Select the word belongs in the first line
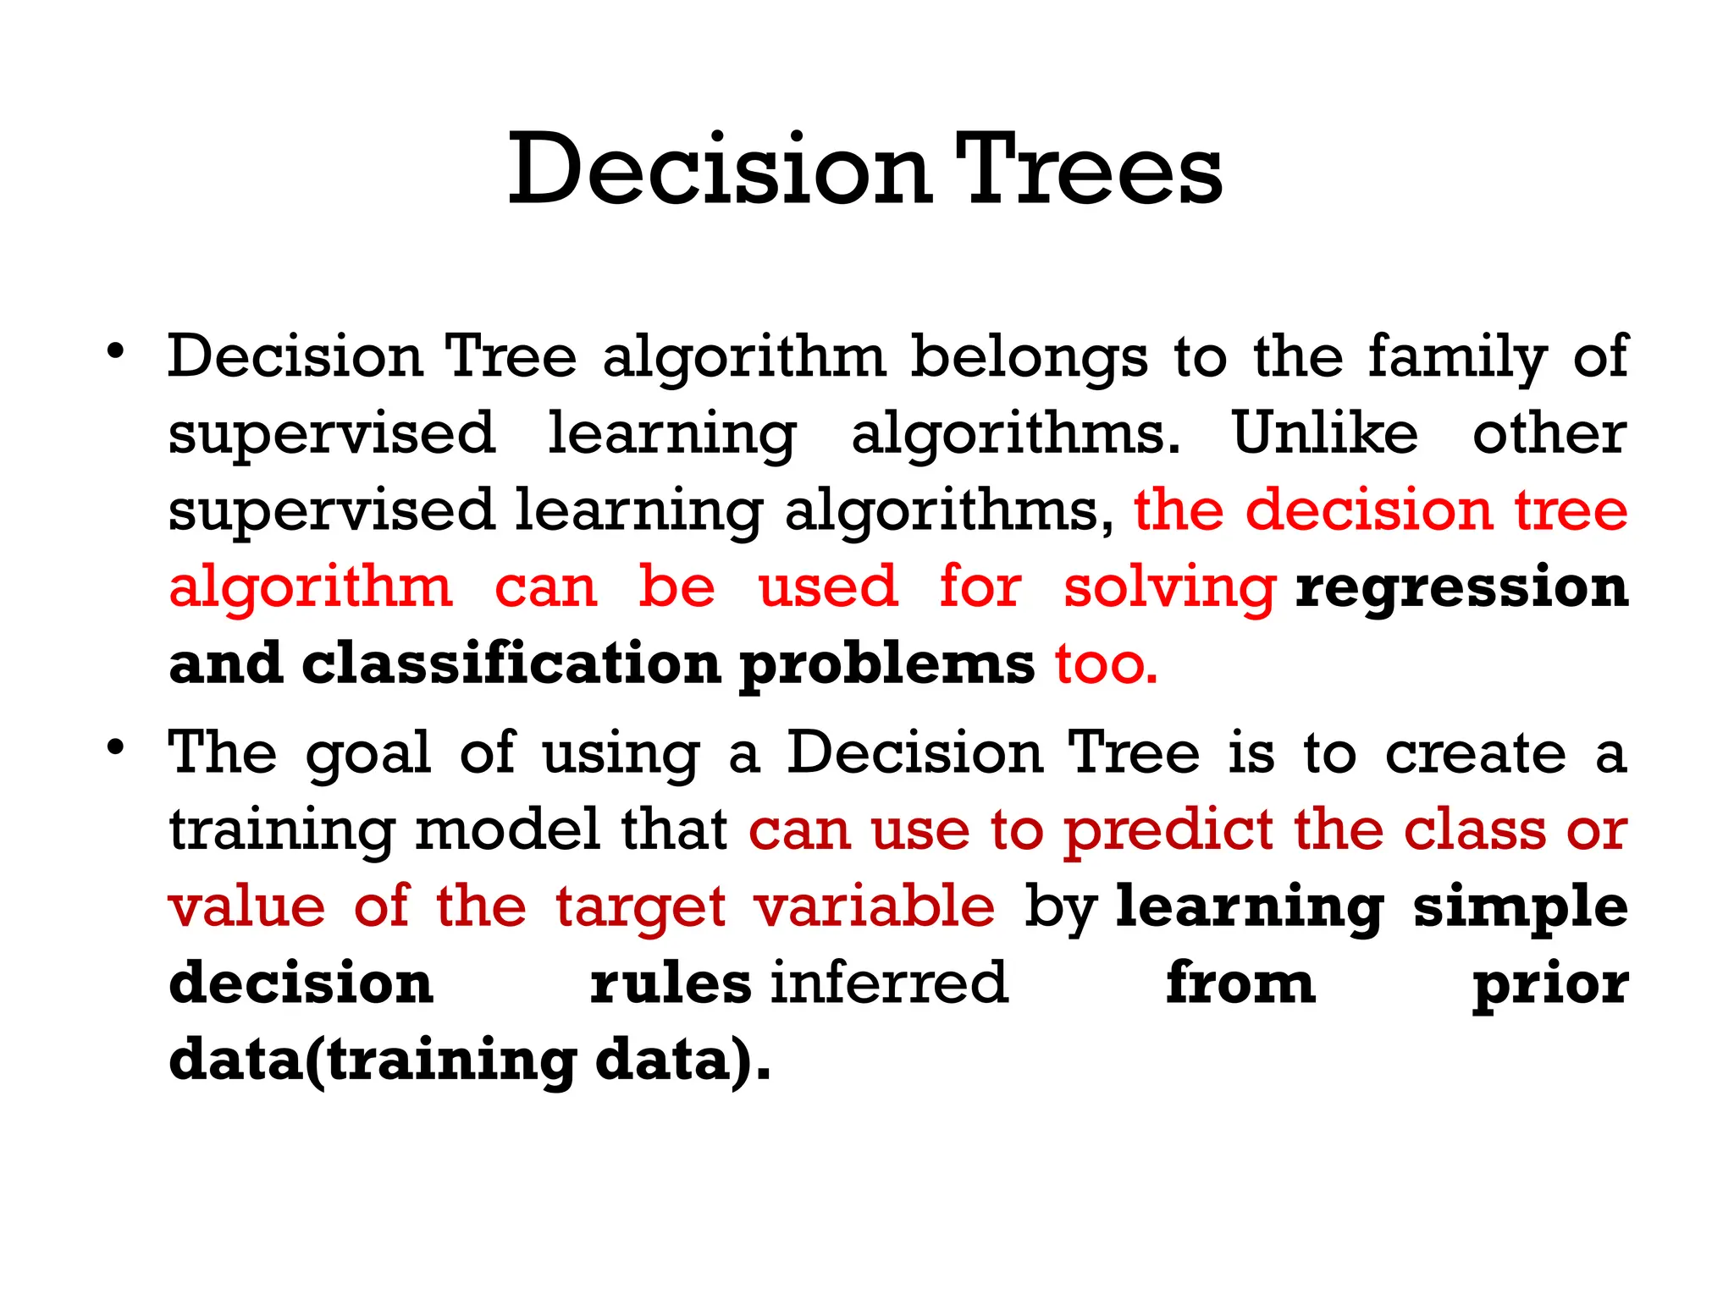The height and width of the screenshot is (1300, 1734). (1029, 358)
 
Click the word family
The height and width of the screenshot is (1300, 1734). (1457, 358)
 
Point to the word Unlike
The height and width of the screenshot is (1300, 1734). (1324, 433)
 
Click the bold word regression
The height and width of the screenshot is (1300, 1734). (1461, 588)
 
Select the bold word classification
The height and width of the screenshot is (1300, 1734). (511, 664)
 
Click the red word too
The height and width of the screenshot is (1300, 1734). (1106, 664)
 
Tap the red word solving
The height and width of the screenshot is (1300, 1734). (1169, 588)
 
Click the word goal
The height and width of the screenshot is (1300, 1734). (368, 754)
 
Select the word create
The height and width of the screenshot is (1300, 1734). (1476, 752)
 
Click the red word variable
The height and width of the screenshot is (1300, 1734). (875, 906)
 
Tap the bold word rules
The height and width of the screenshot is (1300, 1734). (671, 983)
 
